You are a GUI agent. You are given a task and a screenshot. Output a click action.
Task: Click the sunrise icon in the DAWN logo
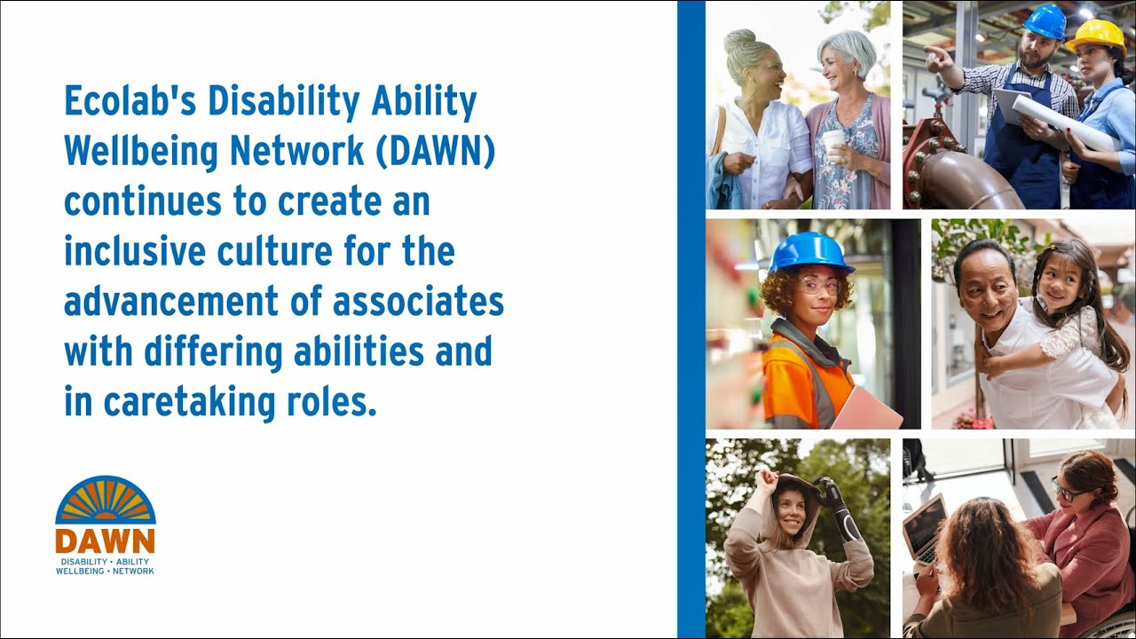pyautogui.click(x=105, y=501)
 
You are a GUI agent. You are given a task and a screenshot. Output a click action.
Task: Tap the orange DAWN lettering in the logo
pyautogui.click(x=105, y=541)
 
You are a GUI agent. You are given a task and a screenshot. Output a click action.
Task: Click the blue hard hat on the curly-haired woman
pyautogui.click(x=809, y=252)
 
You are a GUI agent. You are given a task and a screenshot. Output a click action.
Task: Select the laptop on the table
pyautogui.click(x=925, y=527)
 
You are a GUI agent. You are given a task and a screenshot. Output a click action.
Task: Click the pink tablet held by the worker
pyautogui.click(x=865, y=409)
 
